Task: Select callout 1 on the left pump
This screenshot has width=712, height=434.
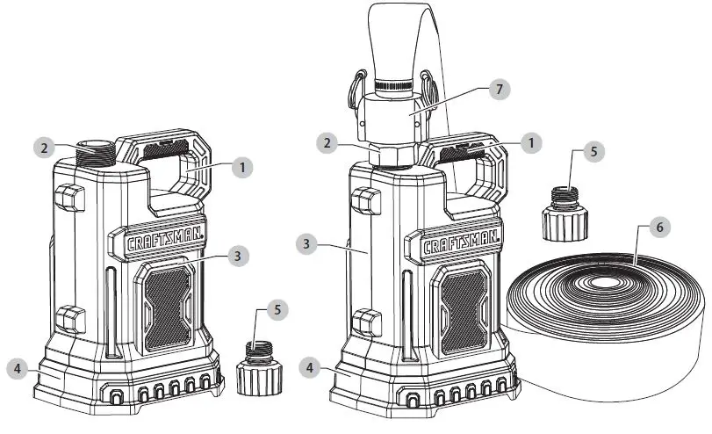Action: tap(241, 166)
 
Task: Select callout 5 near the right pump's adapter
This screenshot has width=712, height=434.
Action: tap(594, 151)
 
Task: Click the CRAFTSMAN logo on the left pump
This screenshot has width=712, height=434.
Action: tap(157, 242)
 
